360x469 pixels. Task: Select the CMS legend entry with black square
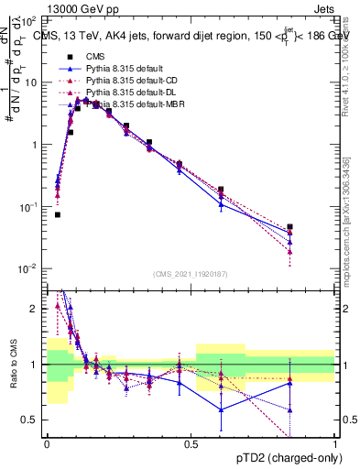[93, 56]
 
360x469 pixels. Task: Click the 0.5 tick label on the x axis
[191, 444]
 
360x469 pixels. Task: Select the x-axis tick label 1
[336, 444]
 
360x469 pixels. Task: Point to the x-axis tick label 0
[46, 444]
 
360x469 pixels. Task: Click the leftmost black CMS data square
[57, 214]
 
